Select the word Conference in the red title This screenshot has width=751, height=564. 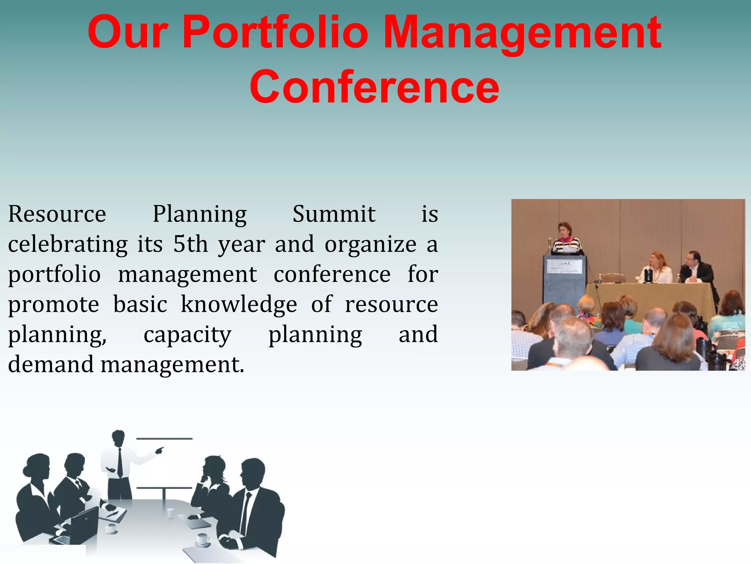(374, 87)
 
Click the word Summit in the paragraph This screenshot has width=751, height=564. (334, 214)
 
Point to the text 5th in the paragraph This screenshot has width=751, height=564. (190, 245)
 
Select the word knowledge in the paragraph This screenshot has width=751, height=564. (239, 304)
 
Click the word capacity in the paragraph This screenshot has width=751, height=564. (187, 335)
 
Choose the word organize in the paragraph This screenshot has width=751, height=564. (370, 245)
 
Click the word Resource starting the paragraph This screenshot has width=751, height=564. (57, 214)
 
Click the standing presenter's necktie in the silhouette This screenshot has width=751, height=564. (120, 463)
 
